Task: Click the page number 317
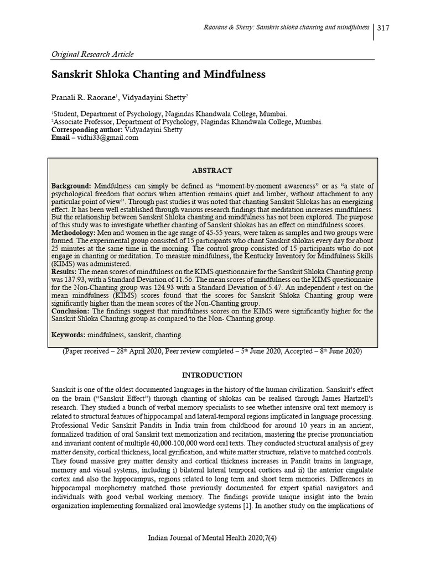384,28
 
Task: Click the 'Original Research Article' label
92,54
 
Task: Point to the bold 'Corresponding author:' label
87,130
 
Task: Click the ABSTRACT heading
212,171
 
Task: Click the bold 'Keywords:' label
69,334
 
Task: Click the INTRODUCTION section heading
212,375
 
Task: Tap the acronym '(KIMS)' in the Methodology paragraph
63,264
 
